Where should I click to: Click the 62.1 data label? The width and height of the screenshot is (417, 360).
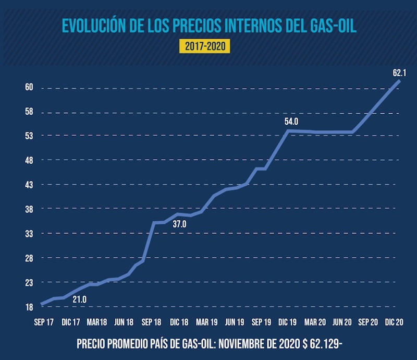pos(400,71)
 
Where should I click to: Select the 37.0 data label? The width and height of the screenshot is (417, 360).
pos(179,224)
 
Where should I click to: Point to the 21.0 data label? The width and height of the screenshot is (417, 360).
pos(79,299)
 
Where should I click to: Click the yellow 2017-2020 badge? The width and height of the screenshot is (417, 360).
pos(205,46)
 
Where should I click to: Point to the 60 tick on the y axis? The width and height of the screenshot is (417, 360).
pos(29,87)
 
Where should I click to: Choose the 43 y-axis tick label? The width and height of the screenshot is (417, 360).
pos(29,185)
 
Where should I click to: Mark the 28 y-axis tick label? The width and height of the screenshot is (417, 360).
pos(29,258)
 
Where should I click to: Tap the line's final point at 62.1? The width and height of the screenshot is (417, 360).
pos(399,80)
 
